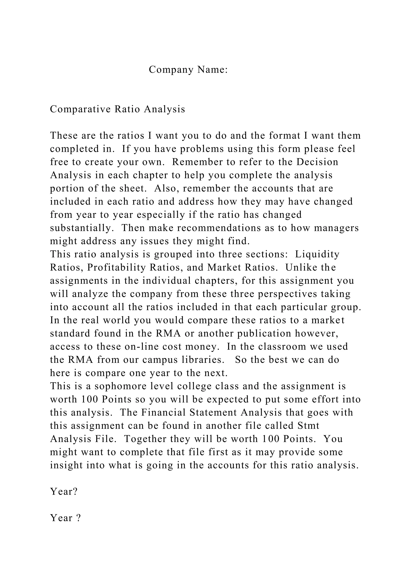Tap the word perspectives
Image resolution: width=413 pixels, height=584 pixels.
coord(287,294)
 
